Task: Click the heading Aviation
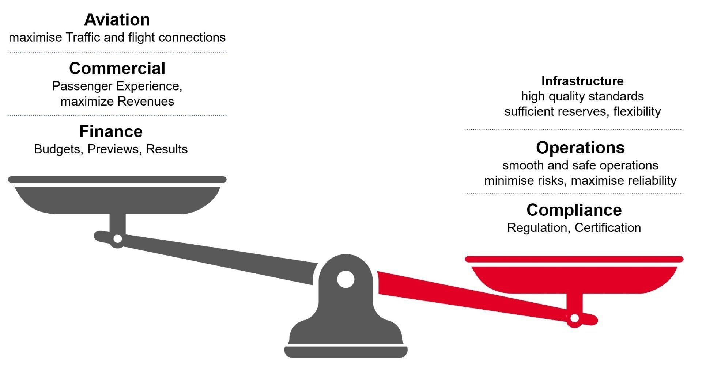point(117,20)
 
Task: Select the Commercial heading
point(117,68)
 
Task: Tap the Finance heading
point(111,131)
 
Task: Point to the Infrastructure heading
point(582,81)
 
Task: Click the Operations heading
point(580,148)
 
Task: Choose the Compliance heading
point(574,210)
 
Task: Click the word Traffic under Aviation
point(83,37)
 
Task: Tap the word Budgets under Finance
point(57,149)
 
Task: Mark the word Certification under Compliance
point(608,227)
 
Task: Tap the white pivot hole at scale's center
point(346,279)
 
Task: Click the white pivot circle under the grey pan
point(118,239)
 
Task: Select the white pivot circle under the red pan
point(574,318)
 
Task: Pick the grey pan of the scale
point(117,199)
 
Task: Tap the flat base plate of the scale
point(346,352)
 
